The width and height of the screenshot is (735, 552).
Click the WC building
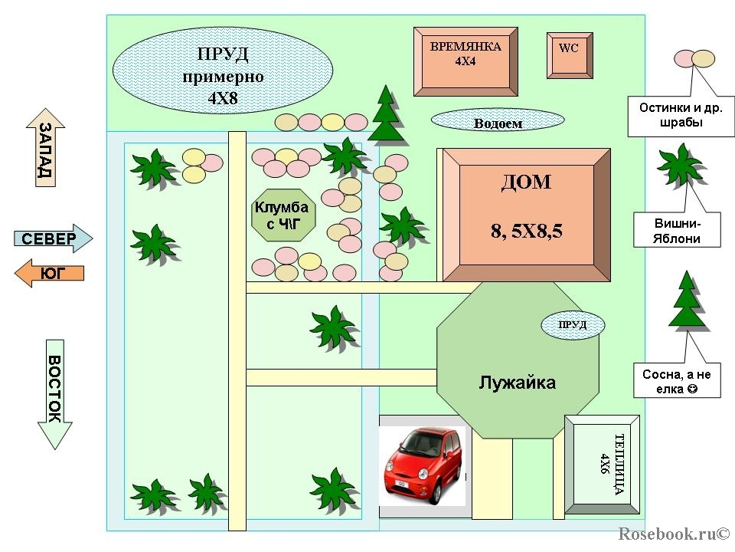coord(570,55)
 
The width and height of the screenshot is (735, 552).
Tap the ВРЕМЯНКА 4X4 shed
coord(465,61)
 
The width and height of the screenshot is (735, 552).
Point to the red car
coord(423,465)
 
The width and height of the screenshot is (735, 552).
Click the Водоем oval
coord(498,120)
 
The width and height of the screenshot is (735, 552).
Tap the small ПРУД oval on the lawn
coord(573,325)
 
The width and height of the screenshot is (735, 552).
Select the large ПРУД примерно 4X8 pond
coord(223,71)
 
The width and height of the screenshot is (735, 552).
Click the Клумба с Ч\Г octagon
coord(283,215)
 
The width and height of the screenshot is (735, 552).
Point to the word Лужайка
coord(517,383)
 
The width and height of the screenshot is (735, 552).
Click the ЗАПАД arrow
coord(45,148)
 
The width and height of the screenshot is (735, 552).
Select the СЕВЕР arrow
coord(54,238)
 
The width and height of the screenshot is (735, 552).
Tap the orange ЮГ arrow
coord(49,273)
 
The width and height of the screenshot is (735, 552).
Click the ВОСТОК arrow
coord(55,394)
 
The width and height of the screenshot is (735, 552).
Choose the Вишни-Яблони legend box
coord(677,230)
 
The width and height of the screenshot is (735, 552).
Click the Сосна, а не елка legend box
coord(677,380)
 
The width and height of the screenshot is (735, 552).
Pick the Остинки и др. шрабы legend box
coord(681,117)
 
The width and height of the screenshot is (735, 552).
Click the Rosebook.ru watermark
coord(674,534)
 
